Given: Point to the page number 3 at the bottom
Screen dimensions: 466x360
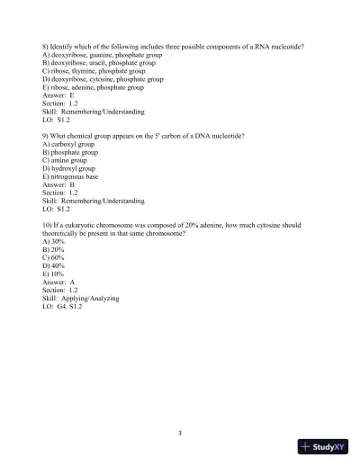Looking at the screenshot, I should coord(180,434).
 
